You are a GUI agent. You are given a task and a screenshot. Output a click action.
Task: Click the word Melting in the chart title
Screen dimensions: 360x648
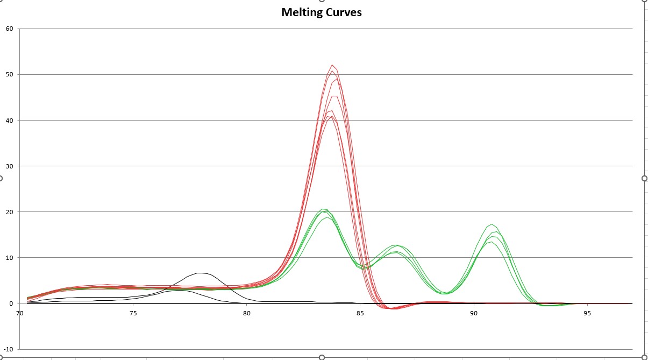pos(301,12)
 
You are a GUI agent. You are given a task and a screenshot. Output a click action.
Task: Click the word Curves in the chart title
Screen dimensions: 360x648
pos(343,12)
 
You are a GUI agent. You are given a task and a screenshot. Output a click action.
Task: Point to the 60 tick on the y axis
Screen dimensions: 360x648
pos(10,29)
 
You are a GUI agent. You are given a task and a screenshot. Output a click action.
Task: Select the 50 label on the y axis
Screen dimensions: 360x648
pos(10,74)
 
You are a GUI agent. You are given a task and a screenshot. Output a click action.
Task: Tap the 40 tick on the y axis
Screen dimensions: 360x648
pos(10,121)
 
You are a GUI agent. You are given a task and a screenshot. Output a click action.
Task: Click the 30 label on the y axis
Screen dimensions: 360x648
pos(10,166)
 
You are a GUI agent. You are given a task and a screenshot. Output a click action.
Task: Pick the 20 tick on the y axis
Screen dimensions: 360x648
pos(10,212)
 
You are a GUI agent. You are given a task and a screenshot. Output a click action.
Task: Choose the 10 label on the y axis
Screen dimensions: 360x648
pos(10,258)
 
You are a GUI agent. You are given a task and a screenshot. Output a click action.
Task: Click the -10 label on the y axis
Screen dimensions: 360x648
pos(9,349)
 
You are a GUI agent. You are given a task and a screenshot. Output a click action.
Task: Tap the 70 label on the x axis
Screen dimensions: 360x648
pos(20,313)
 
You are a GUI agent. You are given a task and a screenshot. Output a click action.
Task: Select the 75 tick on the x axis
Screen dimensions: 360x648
pos(133,313)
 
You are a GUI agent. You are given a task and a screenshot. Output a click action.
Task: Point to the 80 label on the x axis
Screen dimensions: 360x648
pos(247,313)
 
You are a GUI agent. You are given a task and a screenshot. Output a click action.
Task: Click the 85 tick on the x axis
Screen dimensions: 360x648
pos(360,313)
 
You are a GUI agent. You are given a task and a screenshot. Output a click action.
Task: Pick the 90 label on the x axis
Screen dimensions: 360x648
pos(474,313)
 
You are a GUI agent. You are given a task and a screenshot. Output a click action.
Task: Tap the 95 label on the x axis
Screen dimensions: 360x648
pos(587,313)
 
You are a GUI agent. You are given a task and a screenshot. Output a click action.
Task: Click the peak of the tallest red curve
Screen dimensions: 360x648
pos(332,65)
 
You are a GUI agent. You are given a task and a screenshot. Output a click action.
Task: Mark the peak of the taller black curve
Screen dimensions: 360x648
pos(200,273)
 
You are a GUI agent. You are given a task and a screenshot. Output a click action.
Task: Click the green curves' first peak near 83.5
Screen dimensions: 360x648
pos(323,209)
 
